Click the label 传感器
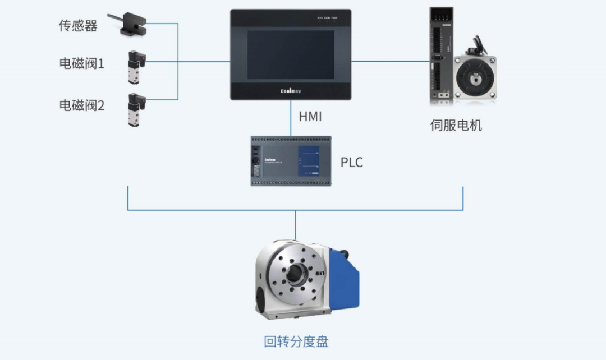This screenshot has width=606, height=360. (x=78, y=25)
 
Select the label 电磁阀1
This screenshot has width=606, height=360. (x=82, y=64)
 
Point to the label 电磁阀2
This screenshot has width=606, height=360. (x=82, y=105)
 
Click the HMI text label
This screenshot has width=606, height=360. (x=310, y=117)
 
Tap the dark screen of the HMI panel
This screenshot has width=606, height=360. (x=291, y=54)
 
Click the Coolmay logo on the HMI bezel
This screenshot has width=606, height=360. (x=291, y=90)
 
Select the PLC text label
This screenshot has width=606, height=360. (x=352, y=163)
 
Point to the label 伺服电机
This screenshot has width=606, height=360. (x=456, y=125)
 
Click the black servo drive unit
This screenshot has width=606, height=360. (x=440, y=56)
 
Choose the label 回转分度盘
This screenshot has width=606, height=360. (x=296, y=341)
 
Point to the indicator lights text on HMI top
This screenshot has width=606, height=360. (x=327, y=18)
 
